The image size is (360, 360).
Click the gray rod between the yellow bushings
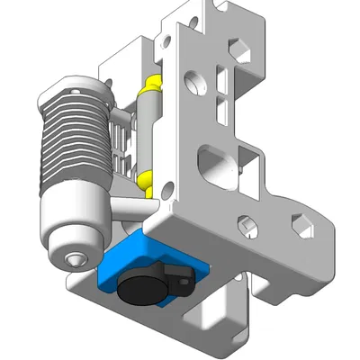[x=148, y=135]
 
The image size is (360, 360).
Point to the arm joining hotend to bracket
[x=122, y=211]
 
